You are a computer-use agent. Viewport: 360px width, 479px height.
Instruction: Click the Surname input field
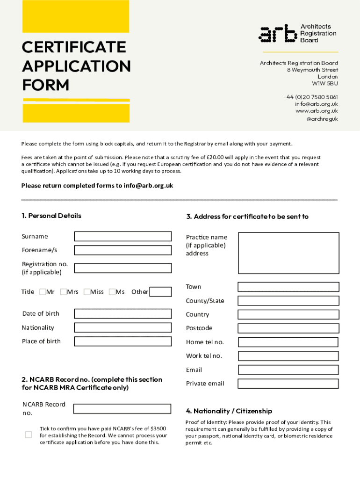pyautogui.click(x=122, y=236)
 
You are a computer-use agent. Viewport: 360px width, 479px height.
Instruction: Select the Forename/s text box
pyautogui.click(x=122, y=250)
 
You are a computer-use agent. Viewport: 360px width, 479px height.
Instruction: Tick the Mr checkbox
pyautogui.click(x=43, y=292)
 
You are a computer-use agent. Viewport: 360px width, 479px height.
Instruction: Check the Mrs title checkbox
pyautogui.click(x=63, y=292)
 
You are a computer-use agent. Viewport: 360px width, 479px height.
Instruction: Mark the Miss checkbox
pyautogui.click(x=86, y=292)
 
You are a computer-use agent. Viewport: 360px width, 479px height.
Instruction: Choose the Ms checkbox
pyautogui.click(x=112, y=292)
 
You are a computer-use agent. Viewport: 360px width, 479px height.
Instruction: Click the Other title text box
pyautogui.click(x=160, y=292)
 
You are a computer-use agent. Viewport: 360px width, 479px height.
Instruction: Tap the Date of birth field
pyautogui.click(x=122, y=314)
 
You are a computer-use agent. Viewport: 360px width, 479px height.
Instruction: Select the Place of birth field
pyautogui.click(x=122, y=341)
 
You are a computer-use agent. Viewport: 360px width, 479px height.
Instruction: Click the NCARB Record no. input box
pyautogui.click(x=122, y=409)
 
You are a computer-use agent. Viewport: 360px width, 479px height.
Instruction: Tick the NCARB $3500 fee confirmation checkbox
pyautogui.click(x=28, y=435)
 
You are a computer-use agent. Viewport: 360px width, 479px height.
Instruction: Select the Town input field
pyautogui.click(x=288, y=287)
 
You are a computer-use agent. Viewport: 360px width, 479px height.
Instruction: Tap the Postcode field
pyautogui.click(x=288, y=328)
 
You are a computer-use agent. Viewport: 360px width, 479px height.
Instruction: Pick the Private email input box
pyautogui.click(x=288, y=384)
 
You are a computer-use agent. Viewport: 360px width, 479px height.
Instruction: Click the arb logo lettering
pyautogui.click(x=278, y=34)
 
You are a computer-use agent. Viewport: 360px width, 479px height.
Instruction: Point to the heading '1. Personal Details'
pyautogui.click(x=51, y=216)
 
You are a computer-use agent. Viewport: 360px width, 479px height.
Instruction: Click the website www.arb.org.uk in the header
pyautogui.click(x=317, y=111)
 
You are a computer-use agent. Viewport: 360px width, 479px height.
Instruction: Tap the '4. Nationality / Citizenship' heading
pyautogui.click(x=229, y=411)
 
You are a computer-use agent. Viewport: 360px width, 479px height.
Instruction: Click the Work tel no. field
pyautogui.click(x=288, y=356)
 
